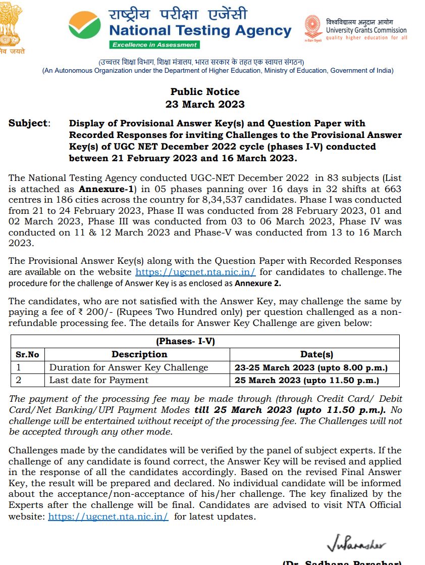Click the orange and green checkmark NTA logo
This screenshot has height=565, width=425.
[x=85, y=27]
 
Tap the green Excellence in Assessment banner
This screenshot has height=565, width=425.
[x=154, y=45]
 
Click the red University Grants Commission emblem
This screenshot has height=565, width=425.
[x=313, y=28]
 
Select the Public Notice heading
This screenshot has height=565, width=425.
[x=205, y=91]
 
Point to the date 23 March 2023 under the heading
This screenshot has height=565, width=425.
[x=205, y=104]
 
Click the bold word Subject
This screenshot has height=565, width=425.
[x=29, y=123]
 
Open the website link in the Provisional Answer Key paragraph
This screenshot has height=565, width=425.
[x=196, y=271]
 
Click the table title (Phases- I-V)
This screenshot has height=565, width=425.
[x=186, y=341]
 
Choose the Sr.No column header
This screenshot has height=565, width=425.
[x=28, y=354]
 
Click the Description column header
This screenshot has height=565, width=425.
[x=139, y=354]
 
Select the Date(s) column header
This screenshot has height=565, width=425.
[x=316, y=354]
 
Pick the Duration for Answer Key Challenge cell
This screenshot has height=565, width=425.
[x=129, y=367]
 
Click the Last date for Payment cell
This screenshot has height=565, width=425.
[x=99, y=380]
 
